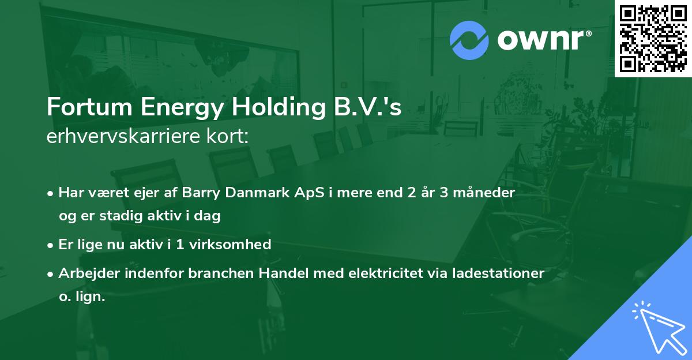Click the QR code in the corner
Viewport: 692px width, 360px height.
653,38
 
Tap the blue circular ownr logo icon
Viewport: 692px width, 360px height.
469,39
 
